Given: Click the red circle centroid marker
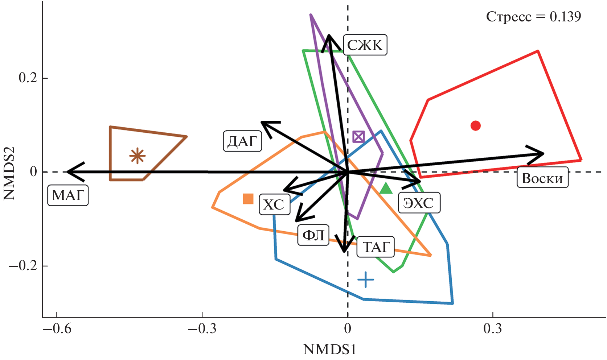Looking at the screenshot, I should coord(476,126).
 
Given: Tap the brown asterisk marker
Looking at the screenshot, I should coord(137,156).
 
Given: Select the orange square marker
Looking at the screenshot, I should coord(248,199).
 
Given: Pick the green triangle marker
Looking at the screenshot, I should coord(386,189).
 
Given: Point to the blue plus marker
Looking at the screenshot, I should coord(366,280).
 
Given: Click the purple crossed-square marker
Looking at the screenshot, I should coord(358,137).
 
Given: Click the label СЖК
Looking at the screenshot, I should coord(365,45).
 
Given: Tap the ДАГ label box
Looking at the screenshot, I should coord(242,141).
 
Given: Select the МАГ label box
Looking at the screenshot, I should coord(68,195).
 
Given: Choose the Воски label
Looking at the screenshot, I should coord(542,178).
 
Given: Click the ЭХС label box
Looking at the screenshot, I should coord(419,203).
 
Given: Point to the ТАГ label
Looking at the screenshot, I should coord(376,247).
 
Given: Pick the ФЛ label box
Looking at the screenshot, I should coord(313,235).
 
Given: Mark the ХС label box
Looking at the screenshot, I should coord(274,204).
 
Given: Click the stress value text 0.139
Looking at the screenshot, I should coord(565,17).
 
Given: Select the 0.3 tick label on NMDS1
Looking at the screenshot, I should coord(493,328).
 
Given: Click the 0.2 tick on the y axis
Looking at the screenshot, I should coord(28,78).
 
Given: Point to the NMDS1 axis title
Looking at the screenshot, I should coord(329,350).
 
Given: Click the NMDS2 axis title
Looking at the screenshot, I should coord(9,173).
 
